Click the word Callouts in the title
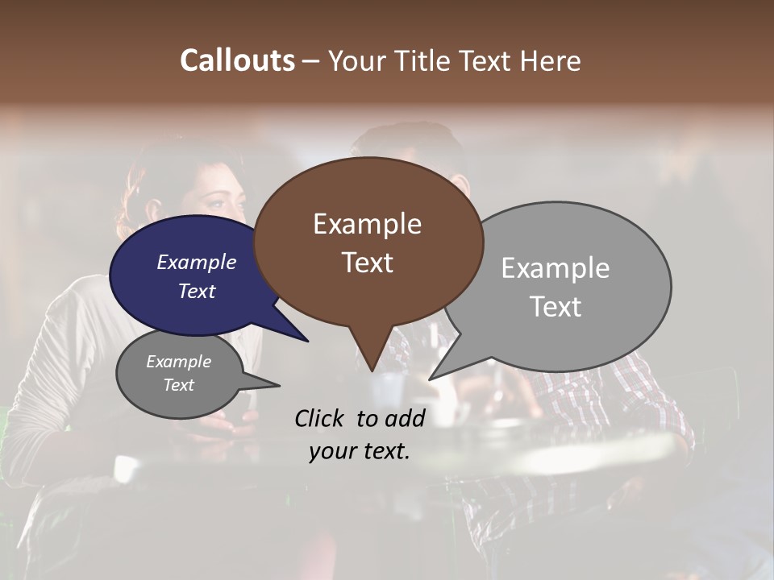coord(237,60)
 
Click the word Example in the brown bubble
coord(367,224)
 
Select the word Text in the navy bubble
coord(197,291)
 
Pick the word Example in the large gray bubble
coord(555,268)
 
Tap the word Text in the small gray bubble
coord(178,385)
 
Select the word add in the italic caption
coord(405,417)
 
